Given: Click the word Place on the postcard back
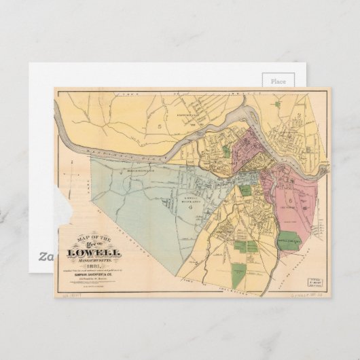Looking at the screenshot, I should pyautogui.click(x=278, y=81).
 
